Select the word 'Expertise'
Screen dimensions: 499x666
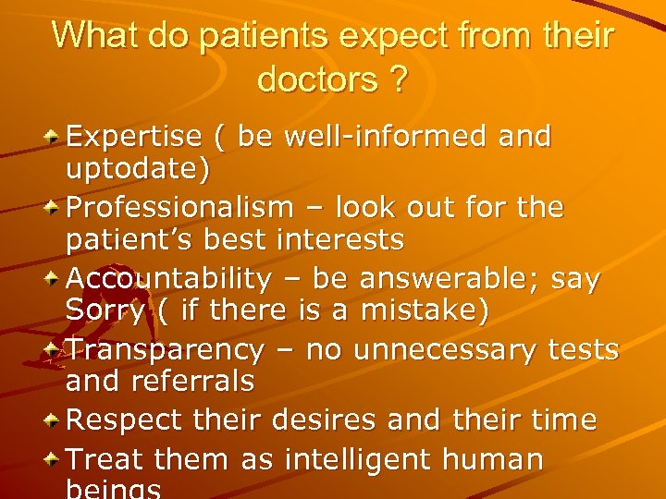tap(133, 137)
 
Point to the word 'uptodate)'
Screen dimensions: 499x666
tap(137, 169)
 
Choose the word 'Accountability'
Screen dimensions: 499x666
tap(169, 278)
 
